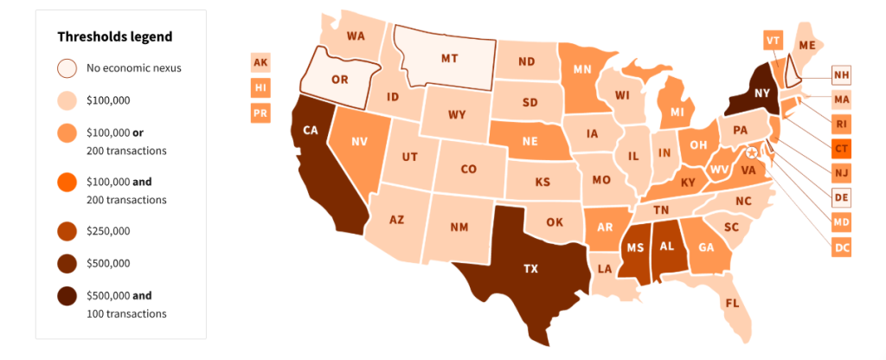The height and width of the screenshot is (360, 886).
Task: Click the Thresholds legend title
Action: click(114, 37)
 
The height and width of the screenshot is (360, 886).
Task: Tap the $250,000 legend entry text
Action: click(108, 231)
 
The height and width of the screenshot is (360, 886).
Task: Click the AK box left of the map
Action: click(260, 62)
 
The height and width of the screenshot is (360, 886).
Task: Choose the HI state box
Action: click(260, 87)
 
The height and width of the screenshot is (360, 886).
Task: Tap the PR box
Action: click(260, 112)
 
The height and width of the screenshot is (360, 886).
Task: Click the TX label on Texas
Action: click(530, 268)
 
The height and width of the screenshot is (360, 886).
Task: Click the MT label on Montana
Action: click(448, 59)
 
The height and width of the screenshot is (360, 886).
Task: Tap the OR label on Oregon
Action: click(340, 79)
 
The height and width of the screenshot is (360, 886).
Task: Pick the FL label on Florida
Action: click(732, 304)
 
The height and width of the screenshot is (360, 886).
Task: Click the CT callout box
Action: click(841, 148)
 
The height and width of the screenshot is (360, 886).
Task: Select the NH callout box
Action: click(841, 74)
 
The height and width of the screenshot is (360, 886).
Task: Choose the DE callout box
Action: click(841, 197)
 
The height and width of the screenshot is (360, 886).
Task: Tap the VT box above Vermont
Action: click(774, 40)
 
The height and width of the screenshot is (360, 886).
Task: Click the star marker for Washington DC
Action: click(752, 152)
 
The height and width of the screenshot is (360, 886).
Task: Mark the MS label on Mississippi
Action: click(636, 247)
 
